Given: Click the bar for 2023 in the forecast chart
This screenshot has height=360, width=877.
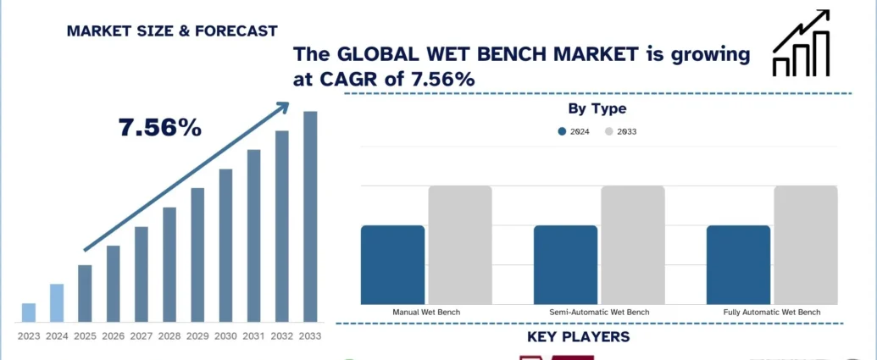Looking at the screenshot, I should [x=29, y=313].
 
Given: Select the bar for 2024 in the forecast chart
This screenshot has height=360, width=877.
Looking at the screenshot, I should [x=57, y=302].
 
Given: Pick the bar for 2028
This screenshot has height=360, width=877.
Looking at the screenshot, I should [x=169, y=264].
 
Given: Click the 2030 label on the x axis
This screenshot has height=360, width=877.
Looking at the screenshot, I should [x=225, y=336].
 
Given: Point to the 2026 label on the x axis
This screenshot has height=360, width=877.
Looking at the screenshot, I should [x=113, y=336].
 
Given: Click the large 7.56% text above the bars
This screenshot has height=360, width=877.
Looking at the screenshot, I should [x=160, y=128].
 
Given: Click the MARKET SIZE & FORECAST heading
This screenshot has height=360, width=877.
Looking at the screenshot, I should [x=172, y=31].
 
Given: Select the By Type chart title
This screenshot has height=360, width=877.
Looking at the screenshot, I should [x=597, y=108].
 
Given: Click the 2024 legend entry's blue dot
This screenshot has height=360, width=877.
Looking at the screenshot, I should [x=563, y=131].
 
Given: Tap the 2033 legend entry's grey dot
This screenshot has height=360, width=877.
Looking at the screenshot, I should [x=608, y=131].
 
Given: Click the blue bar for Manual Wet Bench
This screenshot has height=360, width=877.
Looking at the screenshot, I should [x=392, y=264].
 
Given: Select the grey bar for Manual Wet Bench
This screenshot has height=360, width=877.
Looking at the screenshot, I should [x=460, y=245].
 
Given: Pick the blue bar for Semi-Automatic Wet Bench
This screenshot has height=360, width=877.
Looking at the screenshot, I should [x=565, y=264].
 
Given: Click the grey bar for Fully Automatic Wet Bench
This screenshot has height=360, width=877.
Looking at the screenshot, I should [x=806, y=245].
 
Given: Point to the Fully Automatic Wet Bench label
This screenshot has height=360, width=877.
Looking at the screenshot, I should [x=772, y=313].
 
